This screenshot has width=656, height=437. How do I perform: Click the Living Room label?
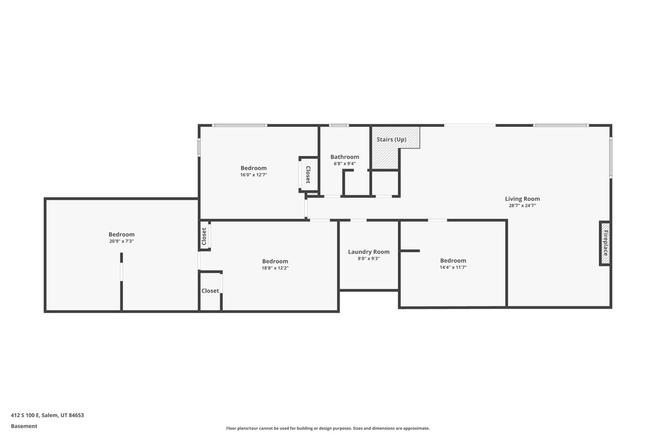pos(522,199)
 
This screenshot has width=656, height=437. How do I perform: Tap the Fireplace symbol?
pos(605,242)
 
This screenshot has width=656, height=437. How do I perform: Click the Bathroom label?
pos(345,157)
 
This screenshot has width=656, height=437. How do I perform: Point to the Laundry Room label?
pos(368,252)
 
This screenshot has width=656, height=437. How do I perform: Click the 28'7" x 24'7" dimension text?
pos(522,206)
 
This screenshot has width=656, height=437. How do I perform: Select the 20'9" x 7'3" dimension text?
pos(121,241)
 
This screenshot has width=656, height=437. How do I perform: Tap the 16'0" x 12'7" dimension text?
pos(254,175)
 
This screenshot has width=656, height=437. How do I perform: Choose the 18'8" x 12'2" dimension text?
pos(275,268)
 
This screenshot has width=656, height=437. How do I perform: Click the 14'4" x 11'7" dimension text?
pos(453,267)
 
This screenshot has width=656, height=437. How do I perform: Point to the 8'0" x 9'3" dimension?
pos(368,258)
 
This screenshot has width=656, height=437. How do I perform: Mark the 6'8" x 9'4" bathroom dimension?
pos(345,164)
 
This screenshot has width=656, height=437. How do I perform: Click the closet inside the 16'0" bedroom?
pos(307,174)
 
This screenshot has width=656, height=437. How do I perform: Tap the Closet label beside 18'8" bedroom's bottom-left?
pos(210,290)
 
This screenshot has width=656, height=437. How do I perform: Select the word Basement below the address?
pos(24,426)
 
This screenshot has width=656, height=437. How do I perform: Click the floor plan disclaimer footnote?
pos(327,429)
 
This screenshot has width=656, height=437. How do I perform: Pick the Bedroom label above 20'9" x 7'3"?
pos(121,234)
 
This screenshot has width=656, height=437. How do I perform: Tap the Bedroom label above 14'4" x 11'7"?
pos(453,260)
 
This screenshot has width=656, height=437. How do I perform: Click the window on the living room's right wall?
pos(611,157)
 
